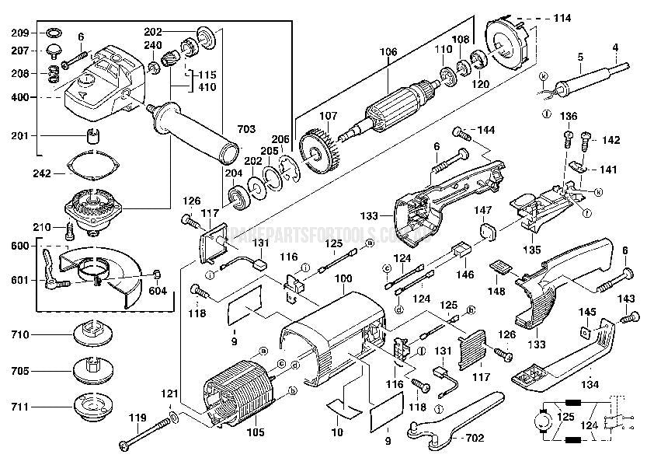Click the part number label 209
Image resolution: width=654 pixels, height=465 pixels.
(19, 33)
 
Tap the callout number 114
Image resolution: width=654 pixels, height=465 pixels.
(562, 17)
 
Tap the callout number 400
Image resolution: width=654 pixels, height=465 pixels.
(19, 98)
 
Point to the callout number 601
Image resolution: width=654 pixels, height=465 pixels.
(19, 280)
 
